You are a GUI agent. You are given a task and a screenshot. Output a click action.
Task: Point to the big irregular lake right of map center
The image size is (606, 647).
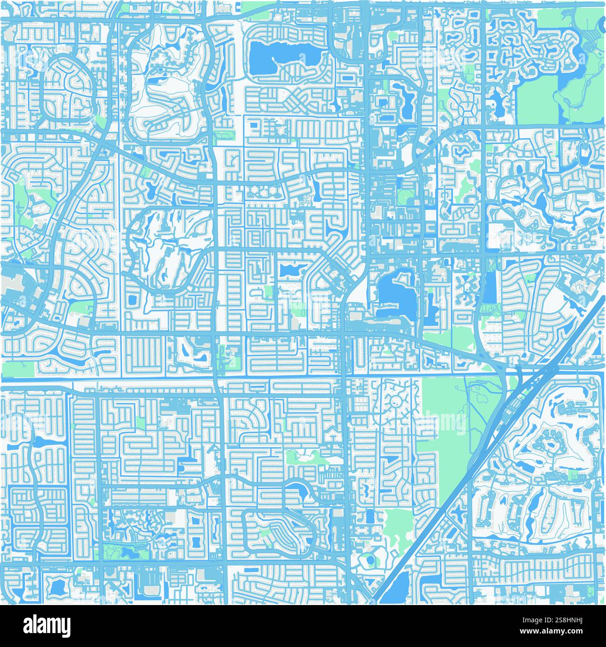pyautogui.click(x=394, y=294)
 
